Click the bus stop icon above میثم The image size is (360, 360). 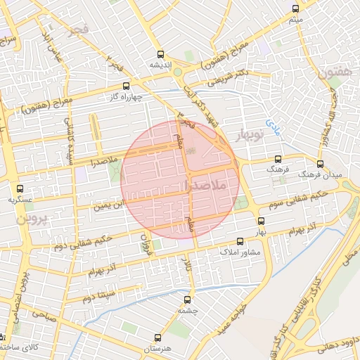(x=295, y=9)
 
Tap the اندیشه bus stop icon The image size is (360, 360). (x=161, y=53)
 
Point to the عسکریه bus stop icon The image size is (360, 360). (x=20, y=188)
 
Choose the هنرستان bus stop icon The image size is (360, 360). (x=157, y=338)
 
